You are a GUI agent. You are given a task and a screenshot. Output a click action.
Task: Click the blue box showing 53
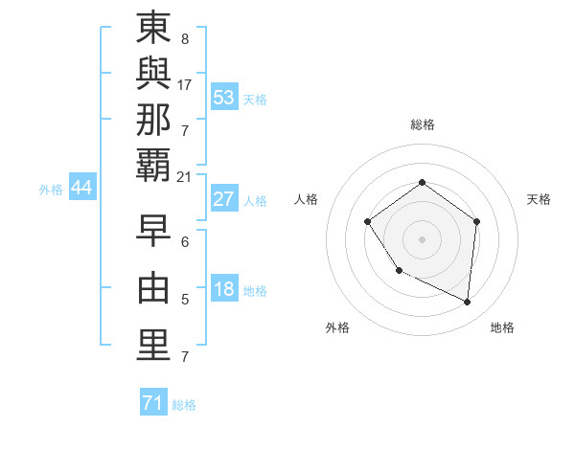point(223,97)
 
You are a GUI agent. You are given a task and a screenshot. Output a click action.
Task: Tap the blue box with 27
point(223,199)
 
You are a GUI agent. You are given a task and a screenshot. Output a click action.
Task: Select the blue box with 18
point(223,290)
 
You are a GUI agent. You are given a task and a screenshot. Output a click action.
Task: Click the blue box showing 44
point(81,188)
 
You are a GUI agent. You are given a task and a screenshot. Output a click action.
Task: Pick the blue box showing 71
point(152,403)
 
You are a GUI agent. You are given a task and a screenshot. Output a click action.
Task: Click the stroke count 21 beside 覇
point(185,176)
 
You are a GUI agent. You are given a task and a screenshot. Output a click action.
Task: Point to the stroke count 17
point(185,85)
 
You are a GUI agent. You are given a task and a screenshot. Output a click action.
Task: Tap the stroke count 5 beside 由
point(184,301)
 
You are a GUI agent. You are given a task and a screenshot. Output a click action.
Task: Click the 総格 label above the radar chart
point(422,124)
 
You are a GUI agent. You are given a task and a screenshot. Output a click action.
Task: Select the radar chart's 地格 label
point(502,327)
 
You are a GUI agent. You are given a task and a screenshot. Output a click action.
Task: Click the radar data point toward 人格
point(368,222)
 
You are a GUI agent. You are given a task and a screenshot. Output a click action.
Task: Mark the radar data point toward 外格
point(399,271)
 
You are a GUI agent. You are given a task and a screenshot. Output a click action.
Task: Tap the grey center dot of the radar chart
point(422,238)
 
